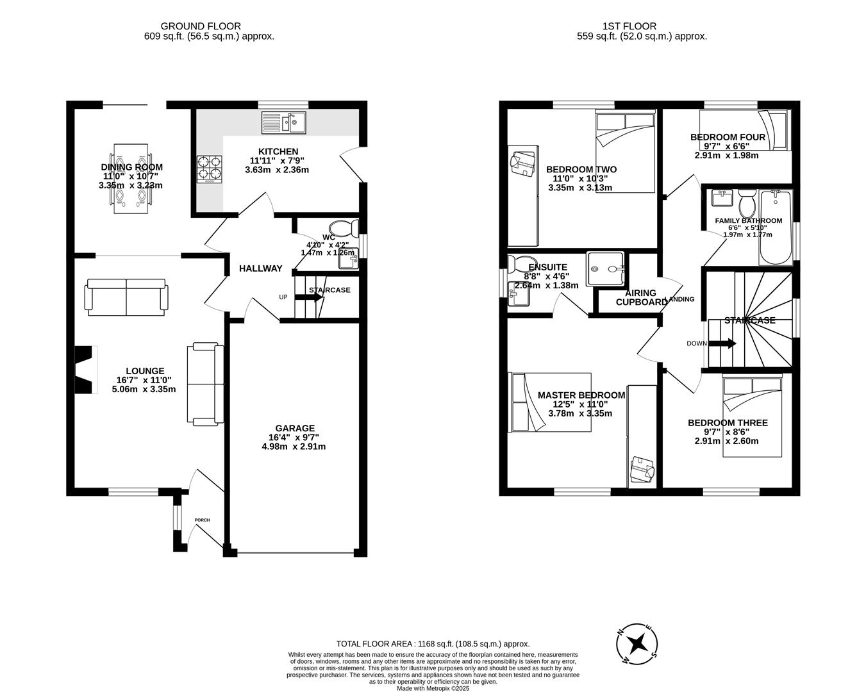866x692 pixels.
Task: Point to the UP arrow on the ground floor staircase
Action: [308, 297]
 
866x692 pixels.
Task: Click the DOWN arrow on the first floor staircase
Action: [722, 343]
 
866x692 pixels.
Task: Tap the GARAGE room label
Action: [295, 428]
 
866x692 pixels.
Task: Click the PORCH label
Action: [202, 520]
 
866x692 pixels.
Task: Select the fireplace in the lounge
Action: [85, 369]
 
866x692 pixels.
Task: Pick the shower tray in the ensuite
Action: [605, 269]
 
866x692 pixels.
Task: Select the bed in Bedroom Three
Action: [753, 416]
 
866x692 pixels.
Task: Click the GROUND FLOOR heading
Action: [201, 26]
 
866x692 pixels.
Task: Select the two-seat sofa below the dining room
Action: [127, 297]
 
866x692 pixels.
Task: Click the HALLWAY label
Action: [260, 268]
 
